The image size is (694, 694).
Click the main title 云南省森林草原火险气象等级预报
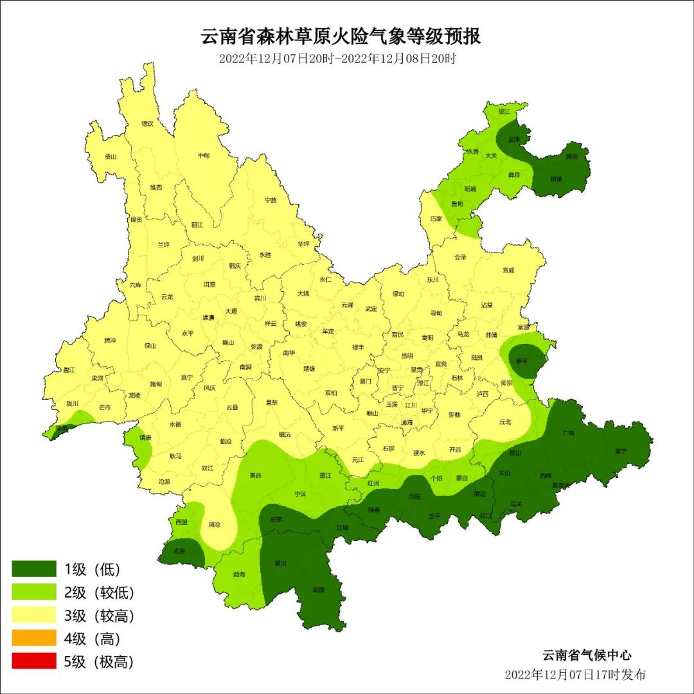(x=341, y=37)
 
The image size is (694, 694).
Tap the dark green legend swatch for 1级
(x=34, y=569)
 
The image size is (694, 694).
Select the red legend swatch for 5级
(x=34, y=661)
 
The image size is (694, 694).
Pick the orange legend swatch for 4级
(x=34, y=638)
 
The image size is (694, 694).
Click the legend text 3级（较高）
(x=99, y=616)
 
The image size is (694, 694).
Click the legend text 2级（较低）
(x=99, y=592)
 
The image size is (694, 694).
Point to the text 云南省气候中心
(x=587, y=655)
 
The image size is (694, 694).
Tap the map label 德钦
(x=148, y=123)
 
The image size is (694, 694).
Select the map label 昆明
(x=407, y=355)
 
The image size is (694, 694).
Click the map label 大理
(x=231, y=311)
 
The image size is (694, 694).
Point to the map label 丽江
(x=197, y=225)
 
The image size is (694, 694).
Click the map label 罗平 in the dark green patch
(x=522, y=361)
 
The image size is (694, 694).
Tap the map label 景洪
(x=280, y=563)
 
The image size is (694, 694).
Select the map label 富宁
(x=620, y=450)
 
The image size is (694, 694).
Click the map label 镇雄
(x=556, y=179)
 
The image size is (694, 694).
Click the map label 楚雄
(x=309, y=369)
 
